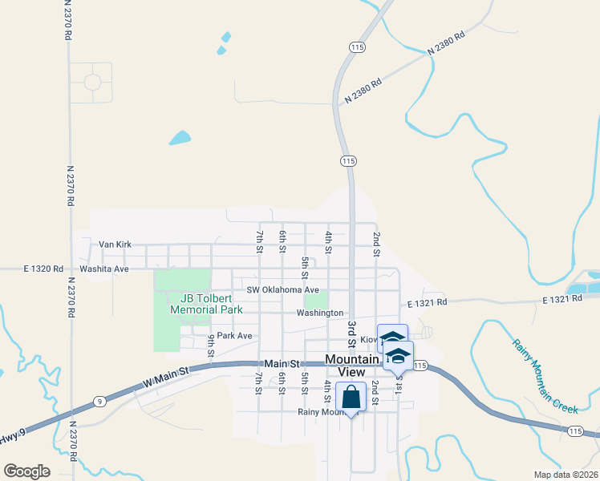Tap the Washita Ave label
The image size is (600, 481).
[103, 269]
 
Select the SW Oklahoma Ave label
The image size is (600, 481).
[282, 289]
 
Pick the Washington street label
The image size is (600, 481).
[319, 313]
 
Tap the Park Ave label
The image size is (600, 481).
[234, 335]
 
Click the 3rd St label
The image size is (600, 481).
[351, 333]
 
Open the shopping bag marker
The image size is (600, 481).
[351, 397]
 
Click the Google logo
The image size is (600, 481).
[27, 471]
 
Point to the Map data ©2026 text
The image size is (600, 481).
[565, 474]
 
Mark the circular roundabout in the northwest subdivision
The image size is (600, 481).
[92, 82]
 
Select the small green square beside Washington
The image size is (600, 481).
[316, 301]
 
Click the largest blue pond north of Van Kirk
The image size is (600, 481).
[180, 138]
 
